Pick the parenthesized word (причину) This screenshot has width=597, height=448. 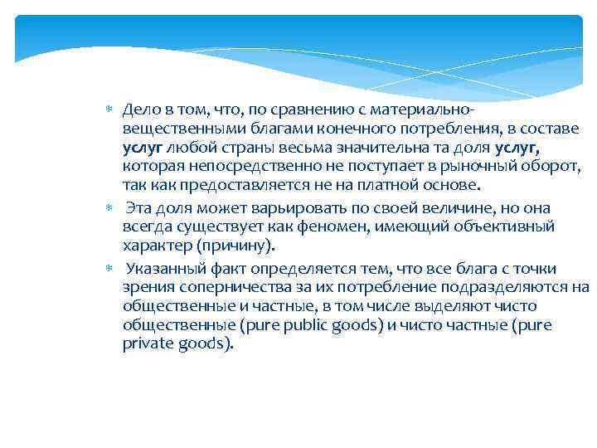[x=235, y=246]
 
